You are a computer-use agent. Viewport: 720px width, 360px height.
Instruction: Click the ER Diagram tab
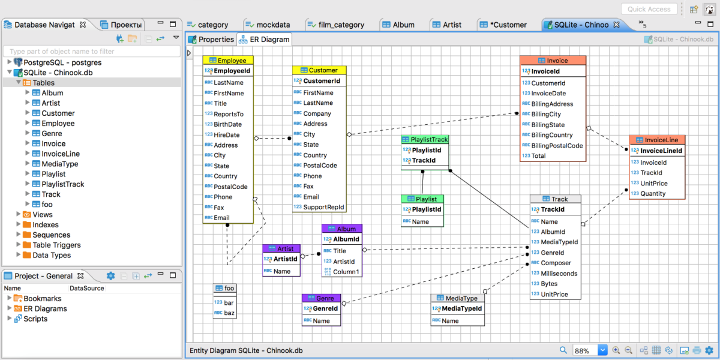pyautogui.click(x=264, y=40)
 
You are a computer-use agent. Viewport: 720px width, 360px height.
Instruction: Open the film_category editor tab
pyautogui.click(x=335, y=25)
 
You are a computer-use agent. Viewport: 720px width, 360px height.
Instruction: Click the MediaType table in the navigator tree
pyautogui.click(x=60, y=164)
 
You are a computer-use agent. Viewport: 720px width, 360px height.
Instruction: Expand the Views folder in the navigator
pyautogui.click(x=19, y=214)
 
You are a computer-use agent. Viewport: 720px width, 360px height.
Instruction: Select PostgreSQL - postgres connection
pyautogui.click(x=62, y=62)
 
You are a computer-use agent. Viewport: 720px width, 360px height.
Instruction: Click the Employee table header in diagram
pyautogui.click(x=228, y=61)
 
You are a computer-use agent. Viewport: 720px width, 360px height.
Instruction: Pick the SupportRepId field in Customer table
pyautogui.click(x=323, y=207)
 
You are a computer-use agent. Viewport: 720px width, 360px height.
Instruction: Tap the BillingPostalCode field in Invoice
pyautogui.click(x=557, y=146)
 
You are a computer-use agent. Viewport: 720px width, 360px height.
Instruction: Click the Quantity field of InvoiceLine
pyautogui.click(x=653, y=193)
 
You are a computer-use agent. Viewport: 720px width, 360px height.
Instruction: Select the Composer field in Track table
pyautogui.click(x=556, y=263)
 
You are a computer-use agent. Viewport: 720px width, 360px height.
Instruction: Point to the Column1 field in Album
pyautogui.click(x=346, y=272)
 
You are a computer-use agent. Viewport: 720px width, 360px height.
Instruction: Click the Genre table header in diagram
pyautogui.click(x=322, y=298)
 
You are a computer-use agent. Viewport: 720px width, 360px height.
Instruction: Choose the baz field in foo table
pyautogui.click(x=229, y=313)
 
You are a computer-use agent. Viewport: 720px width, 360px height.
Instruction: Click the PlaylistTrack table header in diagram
pyautogui.click(x=425, y=139)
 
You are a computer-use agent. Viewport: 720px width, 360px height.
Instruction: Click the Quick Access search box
pyautogui.click(x=649, y=9)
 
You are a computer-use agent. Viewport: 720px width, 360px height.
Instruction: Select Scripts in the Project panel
pyautogui.click(x=35, y=319)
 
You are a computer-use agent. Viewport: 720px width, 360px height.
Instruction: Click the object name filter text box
pyautogui.click(x=92, y=52)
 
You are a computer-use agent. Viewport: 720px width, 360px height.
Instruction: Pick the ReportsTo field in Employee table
pyautogui.click(x=229, y=114)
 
